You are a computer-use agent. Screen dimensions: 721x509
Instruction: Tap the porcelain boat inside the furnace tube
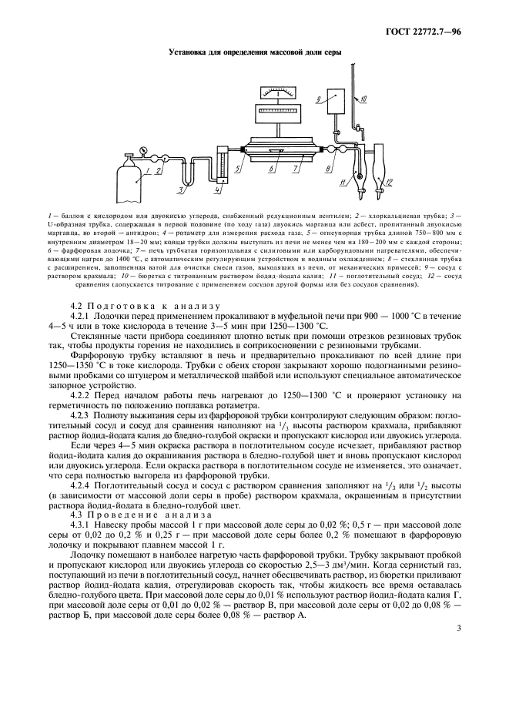pyautogui.click(x=278, y=149)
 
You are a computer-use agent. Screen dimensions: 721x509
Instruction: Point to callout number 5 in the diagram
pyautogui.click(x=239, y=168)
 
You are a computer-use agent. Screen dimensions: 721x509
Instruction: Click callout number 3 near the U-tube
pyautogui.click(x=179, y=189)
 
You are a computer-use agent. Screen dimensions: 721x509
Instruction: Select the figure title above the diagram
pyautogui.click(x=254, y=53)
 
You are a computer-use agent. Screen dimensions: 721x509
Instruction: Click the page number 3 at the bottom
pyautogui.click(x=457, y=629)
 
